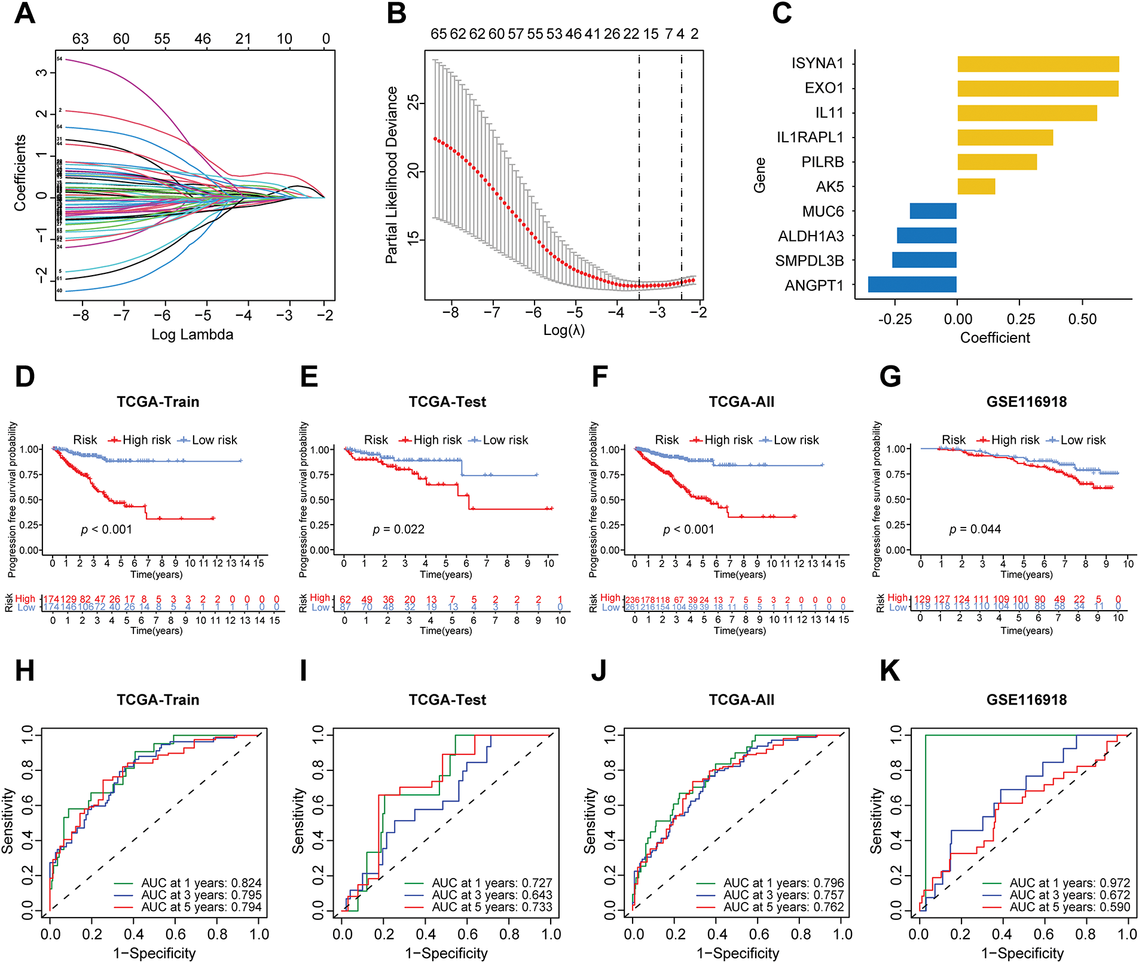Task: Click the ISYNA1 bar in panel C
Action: coord(1038,64)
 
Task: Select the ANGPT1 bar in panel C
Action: coord(912,285)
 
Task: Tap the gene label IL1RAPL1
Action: coord(810,138)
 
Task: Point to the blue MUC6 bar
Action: coord(933,211)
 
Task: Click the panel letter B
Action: coord(397,13)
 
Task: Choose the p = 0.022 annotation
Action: coord(399,529)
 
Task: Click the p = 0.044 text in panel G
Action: coord(975,529)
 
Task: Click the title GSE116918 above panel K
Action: coord(1027,700)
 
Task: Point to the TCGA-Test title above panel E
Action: coord(447,402)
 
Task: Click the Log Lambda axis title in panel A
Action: coord(192,334)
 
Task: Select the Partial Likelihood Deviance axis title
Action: coord(392,175)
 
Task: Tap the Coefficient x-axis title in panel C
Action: coord(995,338)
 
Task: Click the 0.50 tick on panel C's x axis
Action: coord(1082,319)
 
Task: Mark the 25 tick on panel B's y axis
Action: coord(413,103)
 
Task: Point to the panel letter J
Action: coord(598,671)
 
